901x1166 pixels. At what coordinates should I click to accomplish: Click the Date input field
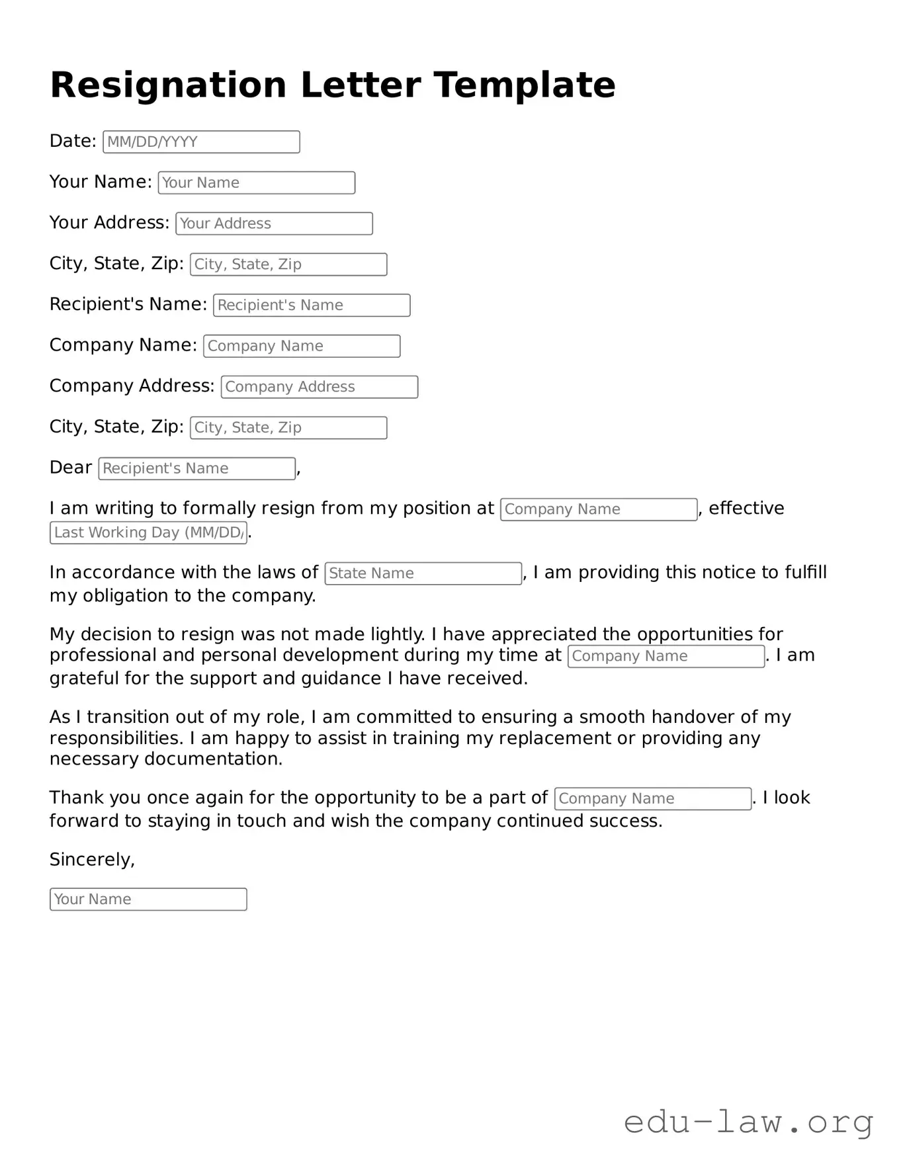coord(201,142)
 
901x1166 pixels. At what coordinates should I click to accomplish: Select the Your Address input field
coord(274,224)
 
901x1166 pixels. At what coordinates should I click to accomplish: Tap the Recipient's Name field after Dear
coord(196,469)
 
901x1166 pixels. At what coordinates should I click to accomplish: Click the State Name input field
coord(423,573)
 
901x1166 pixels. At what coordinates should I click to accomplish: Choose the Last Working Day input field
coord(148,533)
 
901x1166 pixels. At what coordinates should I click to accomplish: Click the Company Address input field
coord(319,387)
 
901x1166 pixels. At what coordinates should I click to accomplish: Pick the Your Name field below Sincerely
coord(148,899)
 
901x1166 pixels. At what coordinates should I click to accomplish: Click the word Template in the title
coord(525,85)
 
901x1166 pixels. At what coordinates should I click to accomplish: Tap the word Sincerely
coord(91,860)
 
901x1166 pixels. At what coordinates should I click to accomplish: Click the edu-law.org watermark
coord(748,1123)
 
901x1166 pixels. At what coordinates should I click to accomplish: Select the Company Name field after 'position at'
coord(599,509)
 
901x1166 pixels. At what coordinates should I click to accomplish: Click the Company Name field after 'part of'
coord(652,799)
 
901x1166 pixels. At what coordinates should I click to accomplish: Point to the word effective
coord(746,508)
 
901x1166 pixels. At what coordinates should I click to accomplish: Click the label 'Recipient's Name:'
coord(128,304)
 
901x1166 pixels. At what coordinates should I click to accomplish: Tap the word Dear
coord(70,468)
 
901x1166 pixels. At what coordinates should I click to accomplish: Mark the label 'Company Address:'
coord(132,386)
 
